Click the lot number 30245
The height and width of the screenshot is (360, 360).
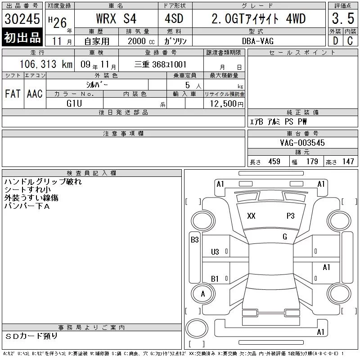(x=22, y=19)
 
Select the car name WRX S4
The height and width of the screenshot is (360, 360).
(x=116, y=18)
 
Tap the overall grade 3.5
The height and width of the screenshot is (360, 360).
(x=343, y=18)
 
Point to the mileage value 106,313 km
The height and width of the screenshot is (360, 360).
(x=46, y=64)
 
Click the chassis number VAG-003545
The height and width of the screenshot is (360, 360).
(x=302, y=143)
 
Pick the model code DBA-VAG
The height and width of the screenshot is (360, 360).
(x=258, y=41)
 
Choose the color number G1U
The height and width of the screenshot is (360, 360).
(x=74, y=103)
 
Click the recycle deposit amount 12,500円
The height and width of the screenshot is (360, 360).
(x=226, y=104)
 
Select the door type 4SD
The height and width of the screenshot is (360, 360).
(x=174, y=18)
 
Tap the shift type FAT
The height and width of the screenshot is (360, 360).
(x=13, y=94)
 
